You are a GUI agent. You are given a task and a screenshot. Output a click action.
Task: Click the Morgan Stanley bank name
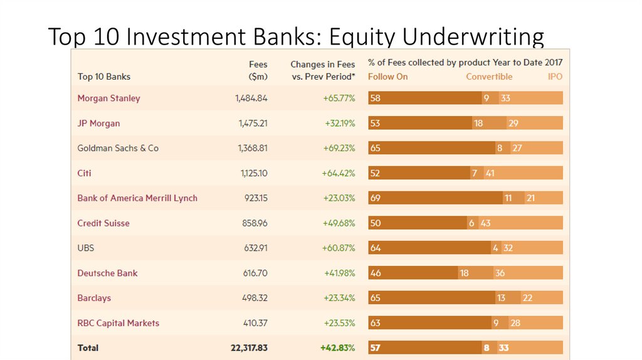(108, 98)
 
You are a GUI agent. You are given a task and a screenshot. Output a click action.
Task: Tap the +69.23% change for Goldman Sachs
(338, 148)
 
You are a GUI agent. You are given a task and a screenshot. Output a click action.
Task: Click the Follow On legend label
(387, 77)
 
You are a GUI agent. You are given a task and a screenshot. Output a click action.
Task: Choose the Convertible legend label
(489, 77)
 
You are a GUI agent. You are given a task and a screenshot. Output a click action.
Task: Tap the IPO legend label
(555, 77)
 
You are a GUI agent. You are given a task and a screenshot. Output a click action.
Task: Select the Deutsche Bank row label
(107, 273)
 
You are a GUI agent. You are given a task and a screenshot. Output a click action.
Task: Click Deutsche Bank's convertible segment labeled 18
(475, 273)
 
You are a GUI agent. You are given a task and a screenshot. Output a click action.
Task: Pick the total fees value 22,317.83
(249, 347)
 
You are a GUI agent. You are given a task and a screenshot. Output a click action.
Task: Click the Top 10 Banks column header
(104, 77)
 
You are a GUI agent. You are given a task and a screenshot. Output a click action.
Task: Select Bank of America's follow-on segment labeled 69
(435, 198)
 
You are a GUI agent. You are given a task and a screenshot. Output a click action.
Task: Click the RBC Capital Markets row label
(118, 323)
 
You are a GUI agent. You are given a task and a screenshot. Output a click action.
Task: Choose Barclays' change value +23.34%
(339, 298)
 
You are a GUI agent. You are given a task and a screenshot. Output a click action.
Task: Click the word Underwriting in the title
(473, 38)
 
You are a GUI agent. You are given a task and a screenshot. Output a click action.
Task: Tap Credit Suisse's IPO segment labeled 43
(520, 223)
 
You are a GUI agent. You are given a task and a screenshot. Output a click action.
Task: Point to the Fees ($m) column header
(257, 70)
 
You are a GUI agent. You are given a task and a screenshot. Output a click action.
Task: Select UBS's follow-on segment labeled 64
(429, 248)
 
